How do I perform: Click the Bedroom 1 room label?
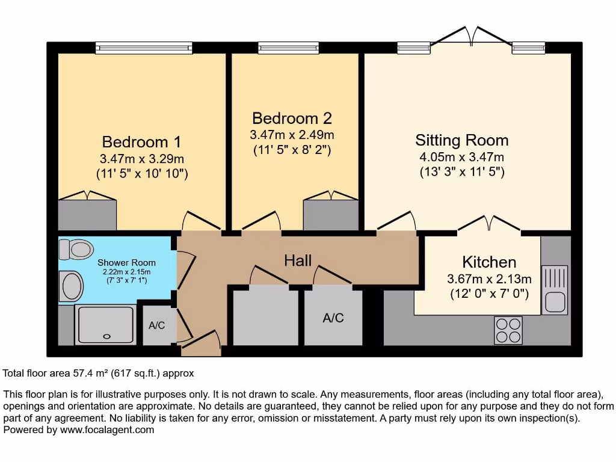141,142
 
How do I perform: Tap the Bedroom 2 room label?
292,118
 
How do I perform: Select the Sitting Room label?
461,140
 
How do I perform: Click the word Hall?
298,260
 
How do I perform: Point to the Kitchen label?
489,262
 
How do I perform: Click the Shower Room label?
126,262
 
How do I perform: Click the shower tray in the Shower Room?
105,324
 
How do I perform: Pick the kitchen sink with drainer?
555,289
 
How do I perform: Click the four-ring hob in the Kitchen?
508,329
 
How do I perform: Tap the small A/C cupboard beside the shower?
157,325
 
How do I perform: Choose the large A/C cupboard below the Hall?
333,318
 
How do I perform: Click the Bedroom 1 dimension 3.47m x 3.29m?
141,159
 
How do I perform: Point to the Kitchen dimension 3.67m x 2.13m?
489,279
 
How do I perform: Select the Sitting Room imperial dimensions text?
461,172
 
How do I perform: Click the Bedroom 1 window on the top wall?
144,48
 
